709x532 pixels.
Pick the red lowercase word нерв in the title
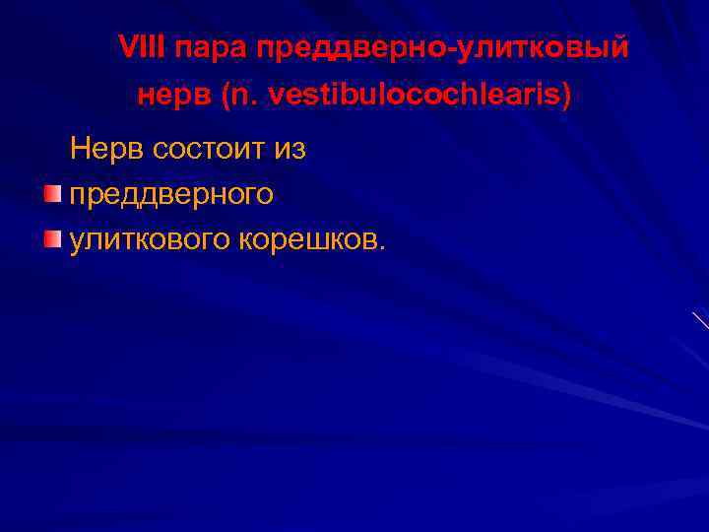click(174, 97)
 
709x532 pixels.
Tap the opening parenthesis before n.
click(226, 97)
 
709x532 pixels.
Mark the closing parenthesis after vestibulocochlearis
click(564, 97)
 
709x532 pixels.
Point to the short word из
click(290, 151)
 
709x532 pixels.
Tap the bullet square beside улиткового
click(51, 239)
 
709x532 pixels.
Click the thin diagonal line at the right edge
click(700, 319)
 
